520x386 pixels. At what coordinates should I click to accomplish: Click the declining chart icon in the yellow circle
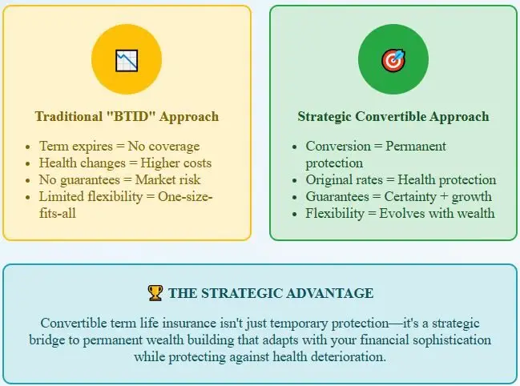click(x=127, y=60)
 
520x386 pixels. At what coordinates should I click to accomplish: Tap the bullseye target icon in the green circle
click(x=393, y=61)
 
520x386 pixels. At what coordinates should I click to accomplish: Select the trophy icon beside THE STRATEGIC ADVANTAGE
click(x=155, y=293)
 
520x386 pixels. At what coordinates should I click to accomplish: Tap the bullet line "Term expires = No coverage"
click(x=119, y=146)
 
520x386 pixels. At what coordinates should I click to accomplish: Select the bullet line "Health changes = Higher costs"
click(x=125, y=163)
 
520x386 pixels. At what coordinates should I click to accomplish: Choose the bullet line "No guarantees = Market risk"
click(x=119, y=180)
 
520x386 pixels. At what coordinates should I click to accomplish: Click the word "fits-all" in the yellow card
click(x=58, y=213)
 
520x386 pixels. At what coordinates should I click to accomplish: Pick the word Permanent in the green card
click(x=416, y=146)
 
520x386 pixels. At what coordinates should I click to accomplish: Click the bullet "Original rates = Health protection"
click(x=401, y=180)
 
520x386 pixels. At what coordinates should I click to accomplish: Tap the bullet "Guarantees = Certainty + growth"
click(x=399, y=196)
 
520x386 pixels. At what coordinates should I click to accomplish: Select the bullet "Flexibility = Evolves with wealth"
click(x=400, y=213)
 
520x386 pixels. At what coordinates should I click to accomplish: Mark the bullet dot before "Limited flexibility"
click(x=27, y=198)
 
